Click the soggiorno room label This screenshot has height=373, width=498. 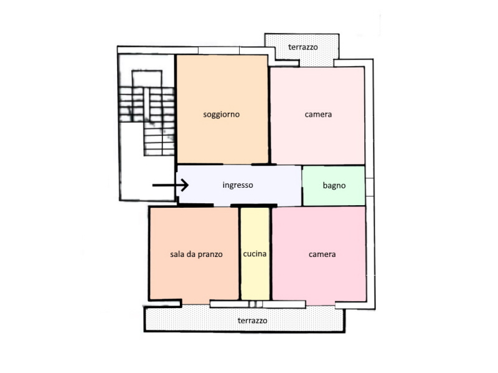coord(222,114)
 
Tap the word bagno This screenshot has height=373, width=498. coord(334,185)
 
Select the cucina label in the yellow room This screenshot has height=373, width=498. coord(255,254)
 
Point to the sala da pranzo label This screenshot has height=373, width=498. coord(196,254)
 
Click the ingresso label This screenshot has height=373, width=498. coord(238,185)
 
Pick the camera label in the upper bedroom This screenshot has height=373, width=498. coord(318,114)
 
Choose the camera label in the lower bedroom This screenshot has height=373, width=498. coord(322,254)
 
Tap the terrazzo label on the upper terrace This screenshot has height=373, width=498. coord(303,47)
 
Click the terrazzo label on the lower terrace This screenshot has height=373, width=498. coord(253,321)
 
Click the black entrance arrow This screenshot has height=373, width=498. coord(171,185)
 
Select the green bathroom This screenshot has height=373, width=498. coord(334,186)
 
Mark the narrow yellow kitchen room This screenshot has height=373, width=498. coord(255,254)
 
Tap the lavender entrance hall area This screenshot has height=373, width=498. coord(239,185)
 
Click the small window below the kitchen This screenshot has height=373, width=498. coord(256,304)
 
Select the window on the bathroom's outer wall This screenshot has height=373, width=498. coord(369,187)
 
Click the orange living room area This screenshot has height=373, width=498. coord(222,109)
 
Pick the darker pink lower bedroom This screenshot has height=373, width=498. coord(319,254)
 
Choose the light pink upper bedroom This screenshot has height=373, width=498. coord(317,115)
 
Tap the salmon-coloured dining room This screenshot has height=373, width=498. coord(194,253)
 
